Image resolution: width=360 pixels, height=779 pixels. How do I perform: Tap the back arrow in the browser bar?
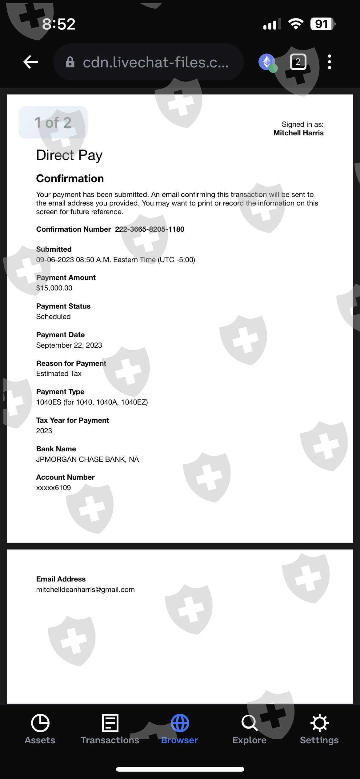tap(30, 62)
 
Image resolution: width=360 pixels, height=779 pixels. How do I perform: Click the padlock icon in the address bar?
tap(70, 62)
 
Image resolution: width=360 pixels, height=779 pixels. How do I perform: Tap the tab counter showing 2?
tap(298, 62)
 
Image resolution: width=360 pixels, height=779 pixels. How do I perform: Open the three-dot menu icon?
tap(329, 62)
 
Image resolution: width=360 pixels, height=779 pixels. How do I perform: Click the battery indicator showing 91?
tap(322, 24)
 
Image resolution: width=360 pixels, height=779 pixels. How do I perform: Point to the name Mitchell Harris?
tap(298, 133)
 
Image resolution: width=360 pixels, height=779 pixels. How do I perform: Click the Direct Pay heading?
tap(69, 155)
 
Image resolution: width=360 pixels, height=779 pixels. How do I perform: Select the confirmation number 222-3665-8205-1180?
tap(150, 229)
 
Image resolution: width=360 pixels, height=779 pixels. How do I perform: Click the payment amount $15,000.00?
tap(54, 288)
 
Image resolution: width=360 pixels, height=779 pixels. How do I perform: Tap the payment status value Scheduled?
tap(53, 317)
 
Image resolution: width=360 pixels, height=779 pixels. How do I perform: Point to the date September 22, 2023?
tap(69, 345)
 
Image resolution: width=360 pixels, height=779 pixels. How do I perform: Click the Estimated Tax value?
tap(59, 374)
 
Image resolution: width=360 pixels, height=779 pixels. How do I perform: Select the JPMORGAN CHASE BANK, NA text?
tap(87, 459)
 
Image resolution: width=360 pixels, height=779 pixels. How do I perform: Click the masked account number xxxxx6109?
tap(54, 488)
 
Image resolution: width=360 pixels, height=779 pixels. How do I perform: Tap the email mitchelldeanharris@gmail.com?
tap(85, 589)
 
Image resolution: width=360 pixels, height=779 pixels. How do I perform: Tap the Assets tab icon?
tap(40, 723)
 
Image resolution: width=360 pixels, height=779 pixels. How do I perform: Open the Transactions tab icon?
tap(110, 723)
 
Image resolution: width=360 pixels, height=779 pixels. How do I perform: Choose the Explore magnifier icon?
tap(249, 723)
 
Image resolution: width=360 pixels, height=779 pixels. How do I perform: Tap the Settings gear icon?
tap(319, 723)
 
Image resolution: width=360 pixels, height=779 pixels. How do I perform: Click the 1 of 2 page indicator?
tap(53, 122)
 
